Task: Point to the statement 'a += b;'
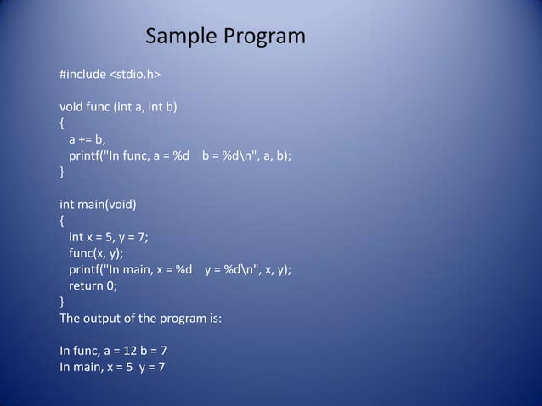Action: pos(88,140)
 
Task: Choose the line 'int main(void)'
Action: pos(98,205)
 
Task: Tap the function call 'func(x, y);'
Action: pos(96,253)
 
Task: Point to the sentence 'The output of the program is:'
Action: pos(140,319)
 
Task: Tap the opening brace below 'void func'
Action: pos(61,124)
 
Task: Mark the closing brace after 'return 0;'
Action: pos(61,302)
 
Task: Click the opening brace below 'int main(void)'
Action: pos(61,221)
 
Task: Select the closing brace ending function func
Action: pos(61,172)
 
